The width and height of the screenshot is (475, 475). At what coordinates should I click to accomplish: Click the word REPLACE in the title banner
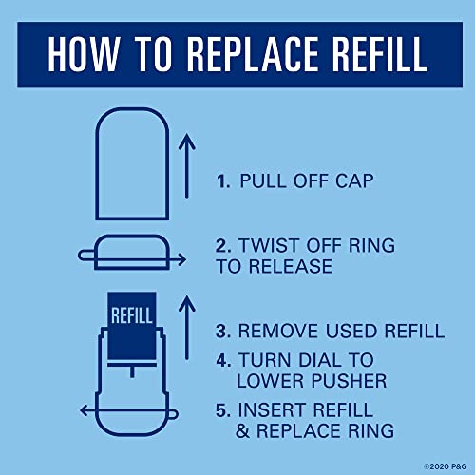[253, 54]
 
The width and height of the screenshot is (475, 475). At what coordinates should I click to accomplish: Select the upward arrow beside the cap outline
[187, 166]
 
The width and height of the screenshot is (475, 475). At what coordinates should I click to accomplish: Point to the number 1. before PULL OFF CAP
[223, 181]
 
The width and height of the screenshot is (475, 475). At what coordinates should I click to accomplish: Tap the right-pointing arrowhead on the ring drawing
[181, 260]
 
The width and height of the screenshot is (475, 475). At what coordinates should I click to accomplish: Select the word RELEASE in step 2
[291, 266]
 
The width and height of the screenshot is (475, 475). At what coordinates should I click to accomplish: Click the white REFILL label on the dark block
[132, 315]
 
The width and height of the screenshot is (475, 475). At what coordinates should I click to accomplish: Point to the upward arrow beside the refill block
[187, 328]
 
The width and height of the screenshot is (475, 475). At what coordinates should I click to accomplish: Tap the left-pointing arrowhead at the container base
[85, 410]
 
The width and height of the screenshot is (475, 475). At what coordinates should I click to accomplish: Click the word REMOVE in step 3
[278, 331]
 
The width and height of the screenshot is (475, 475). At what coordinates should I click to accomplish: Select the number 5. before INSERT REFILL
[223, 410]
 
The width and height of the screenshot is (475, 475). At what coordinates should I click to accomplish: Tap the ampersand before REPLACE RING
[243, 431]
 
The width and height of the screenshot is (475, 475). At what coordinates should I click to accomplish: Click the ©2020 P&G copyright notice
[446, 466]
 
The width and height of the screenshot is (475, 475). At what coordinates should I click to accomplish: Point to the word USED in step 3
[351, 331]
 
